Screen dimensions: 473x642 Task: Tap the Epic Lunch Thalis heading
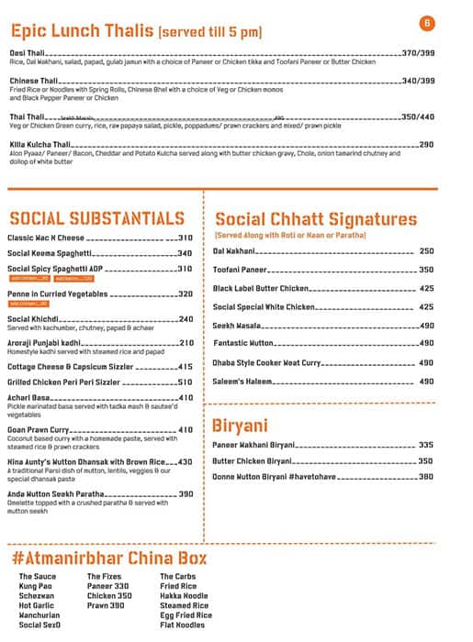81,31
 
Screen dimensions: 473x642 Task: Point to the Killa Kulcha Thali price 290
426,144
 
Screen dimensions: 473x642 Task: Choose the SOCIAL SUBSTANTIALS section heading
96,218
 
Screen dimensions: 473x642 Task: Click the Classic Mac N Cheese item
46,238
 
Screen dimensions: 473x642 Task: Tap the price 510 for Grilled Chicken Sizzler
186,382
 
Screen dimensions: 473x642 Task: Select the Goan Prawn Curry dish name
39,429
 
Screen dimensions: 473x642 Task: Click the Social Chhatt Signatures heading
315,219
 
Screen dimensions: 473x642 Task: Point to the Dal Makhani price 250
426,250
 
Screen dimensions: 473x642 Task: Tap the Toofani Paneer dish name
240,270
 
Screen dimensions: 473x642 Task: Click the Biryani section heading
240,426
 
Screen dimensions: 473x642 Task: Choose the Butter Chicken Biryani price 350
425,460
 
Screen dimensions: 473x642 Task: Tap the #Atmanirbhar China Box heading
109,558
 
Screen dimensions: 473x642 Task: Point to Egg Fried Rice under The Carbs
186,615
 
